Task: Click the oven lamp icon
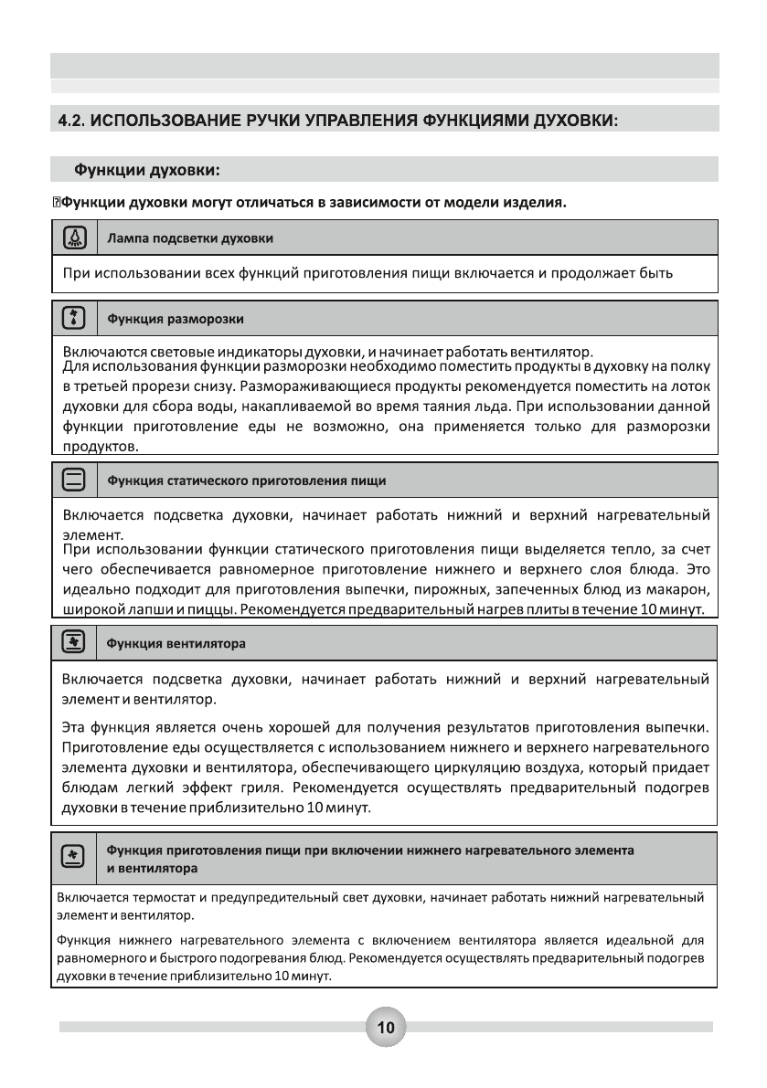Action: [73, 238]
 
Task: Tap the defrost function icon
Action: [73, 319]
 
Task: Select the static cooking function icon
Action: [73, 479]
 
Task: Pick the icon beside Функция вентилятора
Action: [73, 642]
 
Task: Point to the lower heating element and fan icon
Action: [73, 856]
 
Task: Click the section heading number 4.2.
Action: [72, 121]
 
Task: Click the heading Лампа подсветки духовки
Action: [190, 238]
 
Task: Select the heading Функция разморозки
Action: [176, 320]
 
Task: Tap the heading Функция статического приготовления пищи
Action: [247, 480]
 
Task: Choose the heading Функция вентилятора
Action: [176, 643]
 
